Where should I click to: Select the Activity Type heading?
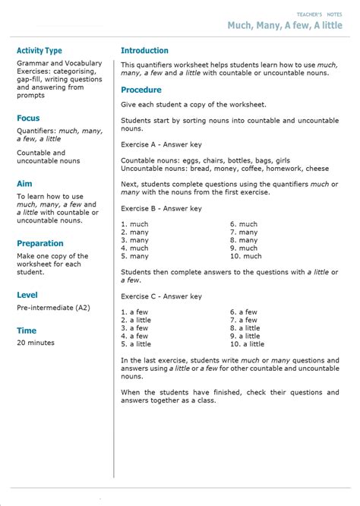(39, 51)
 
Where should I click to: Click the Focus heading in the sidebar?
(28, 118)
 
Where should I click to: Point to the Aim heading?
(24, 183)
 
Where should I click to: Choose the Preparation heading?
(40, 243)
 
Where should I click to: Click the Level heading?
(27, 295)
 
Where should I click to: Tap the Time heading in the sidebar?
(27, 330)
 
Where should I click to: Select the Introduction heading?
(144, 51)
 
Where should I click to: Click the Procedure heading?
(141, 90)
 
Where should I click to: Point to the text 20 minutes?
(36, 343)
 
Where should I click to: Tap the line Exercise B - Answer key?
(161, 208)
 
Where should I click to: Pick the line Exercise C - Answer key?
(161, 296)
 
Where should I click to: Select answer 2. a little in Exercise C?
(136, 320)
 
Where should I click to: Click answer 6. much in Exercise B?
(244, 224)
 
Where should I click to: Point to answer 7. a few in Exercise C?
(244, 320)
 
